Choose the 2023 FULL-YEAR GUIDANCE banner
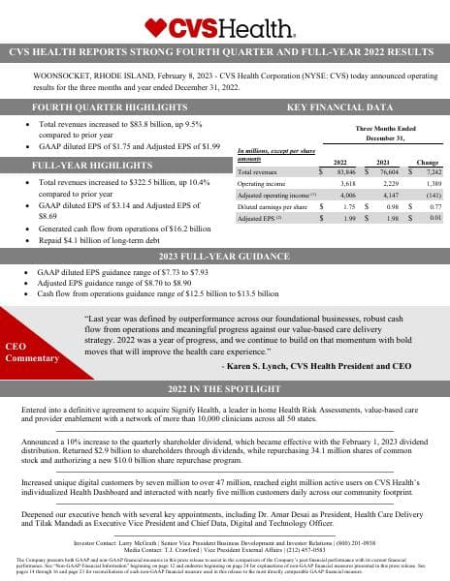tap(224, 256)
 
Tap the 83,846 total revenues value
tap(340, 171)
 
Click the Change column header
tap(428, 162)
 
